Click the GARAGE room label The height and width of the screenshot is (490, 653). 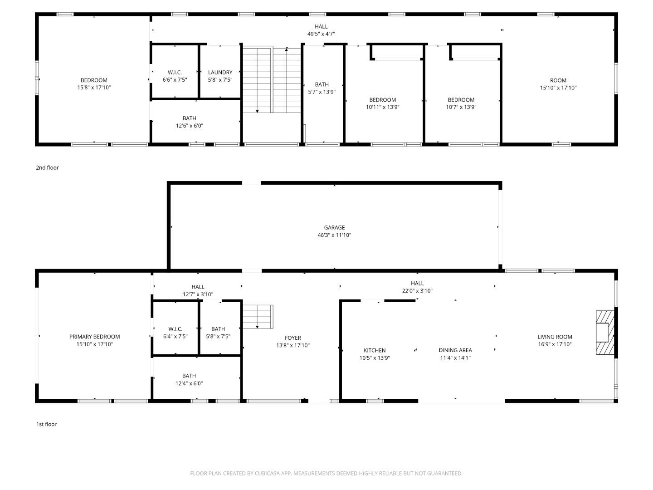[x=334, y=228]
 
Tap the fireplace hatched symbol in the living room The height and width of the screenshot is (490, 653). [x=604, y=333]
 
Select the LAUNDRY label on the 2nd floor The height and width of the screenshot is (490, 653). [x=220, y=73]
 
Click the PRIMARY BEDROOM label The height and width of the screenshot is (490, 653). [x=94, y=337]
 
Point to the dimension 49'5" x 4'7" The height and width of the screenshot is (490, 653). [x=321, y=34]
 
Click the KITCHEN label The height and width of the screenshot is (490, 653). [x=375, y=350]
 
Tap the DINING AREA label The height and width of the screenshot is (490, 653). [x=455, y=350]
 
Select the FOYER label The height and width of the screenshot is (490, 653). [x=292, y=338]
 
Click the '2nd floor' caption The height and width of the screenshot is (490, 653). [x=47, y=168]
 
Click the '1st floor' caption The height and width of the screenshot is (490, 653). [x=46, y=425]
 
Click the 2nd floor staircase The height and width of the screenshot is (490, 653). [x=272, y=79]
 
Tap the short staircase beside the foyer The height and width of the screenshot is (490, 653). [x=258, y=317]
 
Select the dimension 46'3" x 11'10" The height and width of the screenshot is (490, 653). [x=334, y=235]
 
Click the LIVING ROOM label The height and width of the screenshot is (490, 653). [x=555, y=337]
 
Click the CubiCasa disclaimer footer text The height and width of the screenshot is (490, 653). [x=326, y=473]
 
